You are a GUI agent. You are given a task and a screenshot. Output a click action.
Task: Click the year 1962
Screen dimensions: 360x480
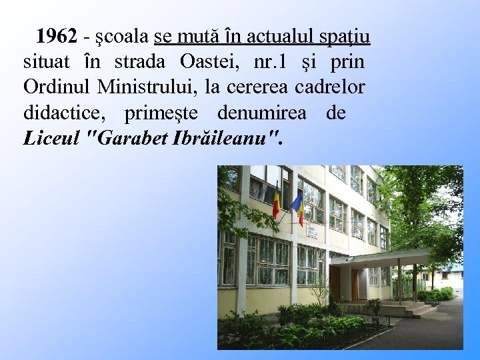[56, 35]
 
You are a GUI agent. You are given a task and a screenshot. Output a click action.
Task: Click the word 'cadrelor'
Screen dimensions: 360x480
[337, 87]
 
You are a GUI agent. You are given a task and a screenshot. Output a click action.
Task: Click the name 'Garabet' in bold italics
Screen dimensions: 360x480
[130, 138]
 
